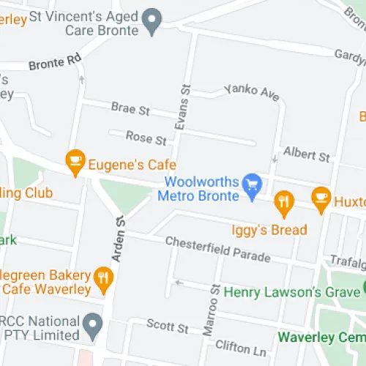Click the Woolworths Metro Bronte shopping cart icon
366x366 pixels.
pyautogui.click(x=253, y=183)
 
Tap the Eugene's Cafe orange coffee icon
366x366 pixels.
pyautogui.click(x=75, y=159)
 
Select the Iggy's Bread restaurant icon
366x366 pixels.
pyautogui.click(x=284, y=200)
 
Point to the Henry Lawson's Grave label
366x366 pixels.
pyautogui.click(x=293, y=291)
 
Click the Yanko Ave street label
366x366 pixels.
pyautogui.click(x=242, y=92)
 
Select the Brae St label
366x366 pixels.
pyautogui.click(x=130, y=109)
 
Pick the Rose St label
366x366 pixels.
pyautogui.click(x=146, y=137)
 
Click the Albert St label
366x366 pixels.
pyautogui.click(x=307, y=154)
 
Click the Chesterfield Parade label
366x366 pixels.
pyautogui.click(x=217, y=250)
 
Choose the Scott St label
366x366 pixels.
pyautogui.click(x=168, y=324)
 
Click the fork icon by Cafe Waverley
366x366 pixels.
pyautogui.click(x=104, y=277)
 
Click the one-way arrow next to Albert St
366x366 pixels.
pyautogui.click(x=274, y=158)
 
